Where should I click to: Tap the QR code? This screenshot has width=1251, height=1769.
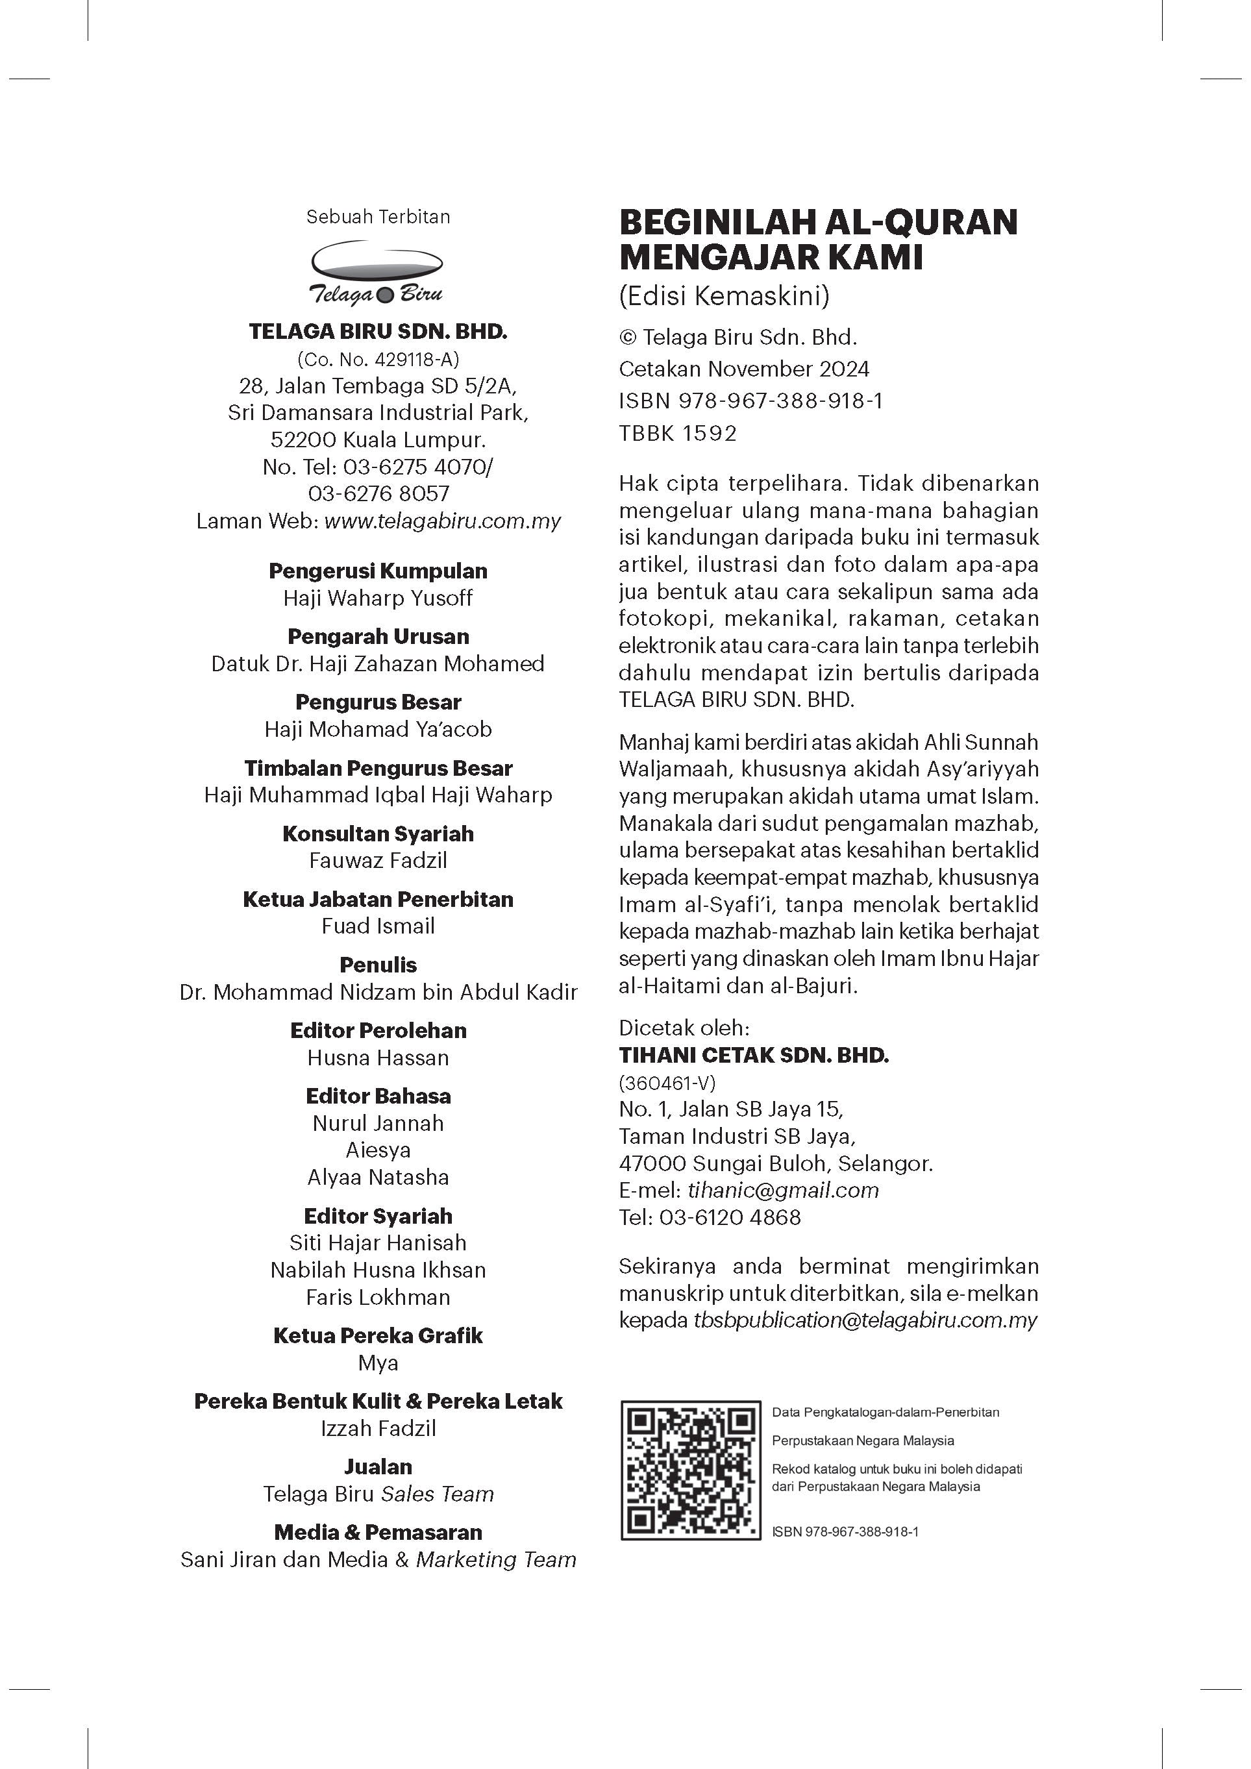[x=689, y=1471]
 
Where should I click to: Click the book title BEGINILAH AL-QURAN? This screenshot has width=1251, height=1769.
[x=818, y=223]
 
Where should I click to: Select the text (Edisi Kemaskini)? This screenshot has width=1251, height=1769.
[x=723, y=297]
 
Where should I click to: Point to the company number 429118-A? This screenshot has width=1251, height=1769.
[x=377, y=359]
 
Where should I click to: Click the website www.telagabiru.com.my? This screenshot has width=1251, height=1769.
[x=442, y=521]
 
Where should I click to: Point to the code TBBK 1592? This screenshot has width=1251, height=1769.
[x=677, y=433]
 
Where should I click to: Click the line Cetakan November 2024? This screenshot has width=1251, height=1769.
[x=743, y=369]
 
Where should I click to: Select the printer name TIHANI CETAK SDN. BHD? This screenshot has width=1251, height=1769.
[x=753, y=1055]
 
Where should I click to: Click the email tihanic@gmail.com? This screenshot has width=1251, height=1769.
[x=783, y=1191]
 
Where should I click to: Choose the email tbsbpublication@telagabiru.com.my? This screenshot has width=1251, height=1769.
[x=865, y=1320]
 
